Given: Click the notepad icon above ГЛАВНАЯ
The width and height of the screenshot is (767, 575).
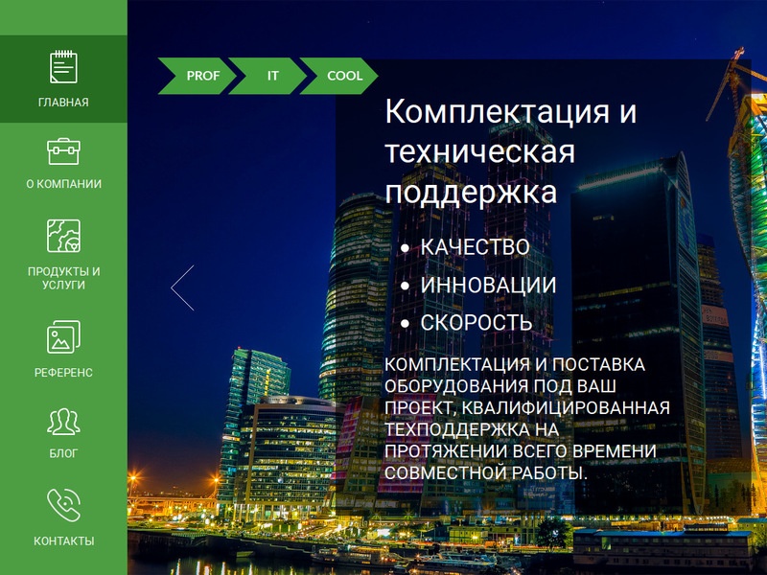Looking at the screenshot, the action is [63, 66].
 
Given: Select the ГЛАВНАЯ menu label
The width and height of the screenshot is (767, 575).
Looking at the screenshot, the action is [63, 103].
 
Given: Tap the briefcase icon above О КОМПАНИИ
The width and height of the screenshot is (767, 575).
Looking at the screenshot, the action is [63, 151].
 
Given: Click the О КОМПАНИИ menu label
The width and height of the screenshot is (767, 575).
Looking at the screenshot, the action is [63, 184].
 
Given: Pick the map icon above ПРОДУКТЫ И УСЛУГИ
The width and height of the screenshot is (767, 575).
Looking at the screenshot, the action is [63, 236].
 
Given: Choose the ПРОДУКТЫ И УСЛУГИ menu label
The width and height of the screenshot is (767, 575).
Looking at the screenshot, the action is [63, 278].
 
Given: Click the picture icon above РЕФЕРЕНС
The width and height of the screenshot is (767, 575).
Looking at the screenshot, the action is [63, 337].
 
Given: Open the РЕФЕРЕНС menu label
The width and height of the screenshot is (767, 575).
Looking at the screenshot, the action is [63, 373].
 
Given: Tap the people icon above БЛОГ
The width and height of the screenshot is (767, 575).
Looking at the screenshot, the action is [63, 422].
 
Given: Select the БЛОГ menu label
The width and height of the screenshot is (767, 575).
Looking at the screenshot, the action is [63, 453].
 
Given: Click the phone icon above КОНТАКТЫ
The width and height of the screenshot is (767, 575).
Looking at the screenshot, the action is [63, 505].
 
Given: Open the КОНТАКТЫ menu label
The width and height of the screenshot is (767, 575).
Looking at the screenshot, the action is [63, 540].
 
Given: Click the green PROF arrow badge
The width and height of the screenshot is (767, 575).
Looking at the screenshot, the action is [197, 76].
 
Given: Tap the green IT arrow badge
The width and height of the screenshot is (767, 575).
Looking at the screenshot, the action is [267, 76].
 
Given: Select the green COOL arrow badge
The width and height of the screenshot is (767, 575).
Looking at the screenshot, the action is [339, 76].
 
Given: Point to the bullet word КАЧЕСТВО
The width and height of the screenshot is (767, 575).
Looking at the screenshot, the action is [475, 247].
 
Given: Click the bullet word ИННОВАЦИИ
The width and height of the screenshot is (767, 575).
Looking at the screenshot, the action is [488, 285].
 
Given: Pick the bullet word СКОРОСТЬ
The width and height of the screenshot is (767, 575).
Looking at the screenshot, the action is [476, 323].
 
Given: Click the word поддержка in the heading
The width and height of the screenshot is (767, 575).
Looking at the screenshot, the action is [471, 193].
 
